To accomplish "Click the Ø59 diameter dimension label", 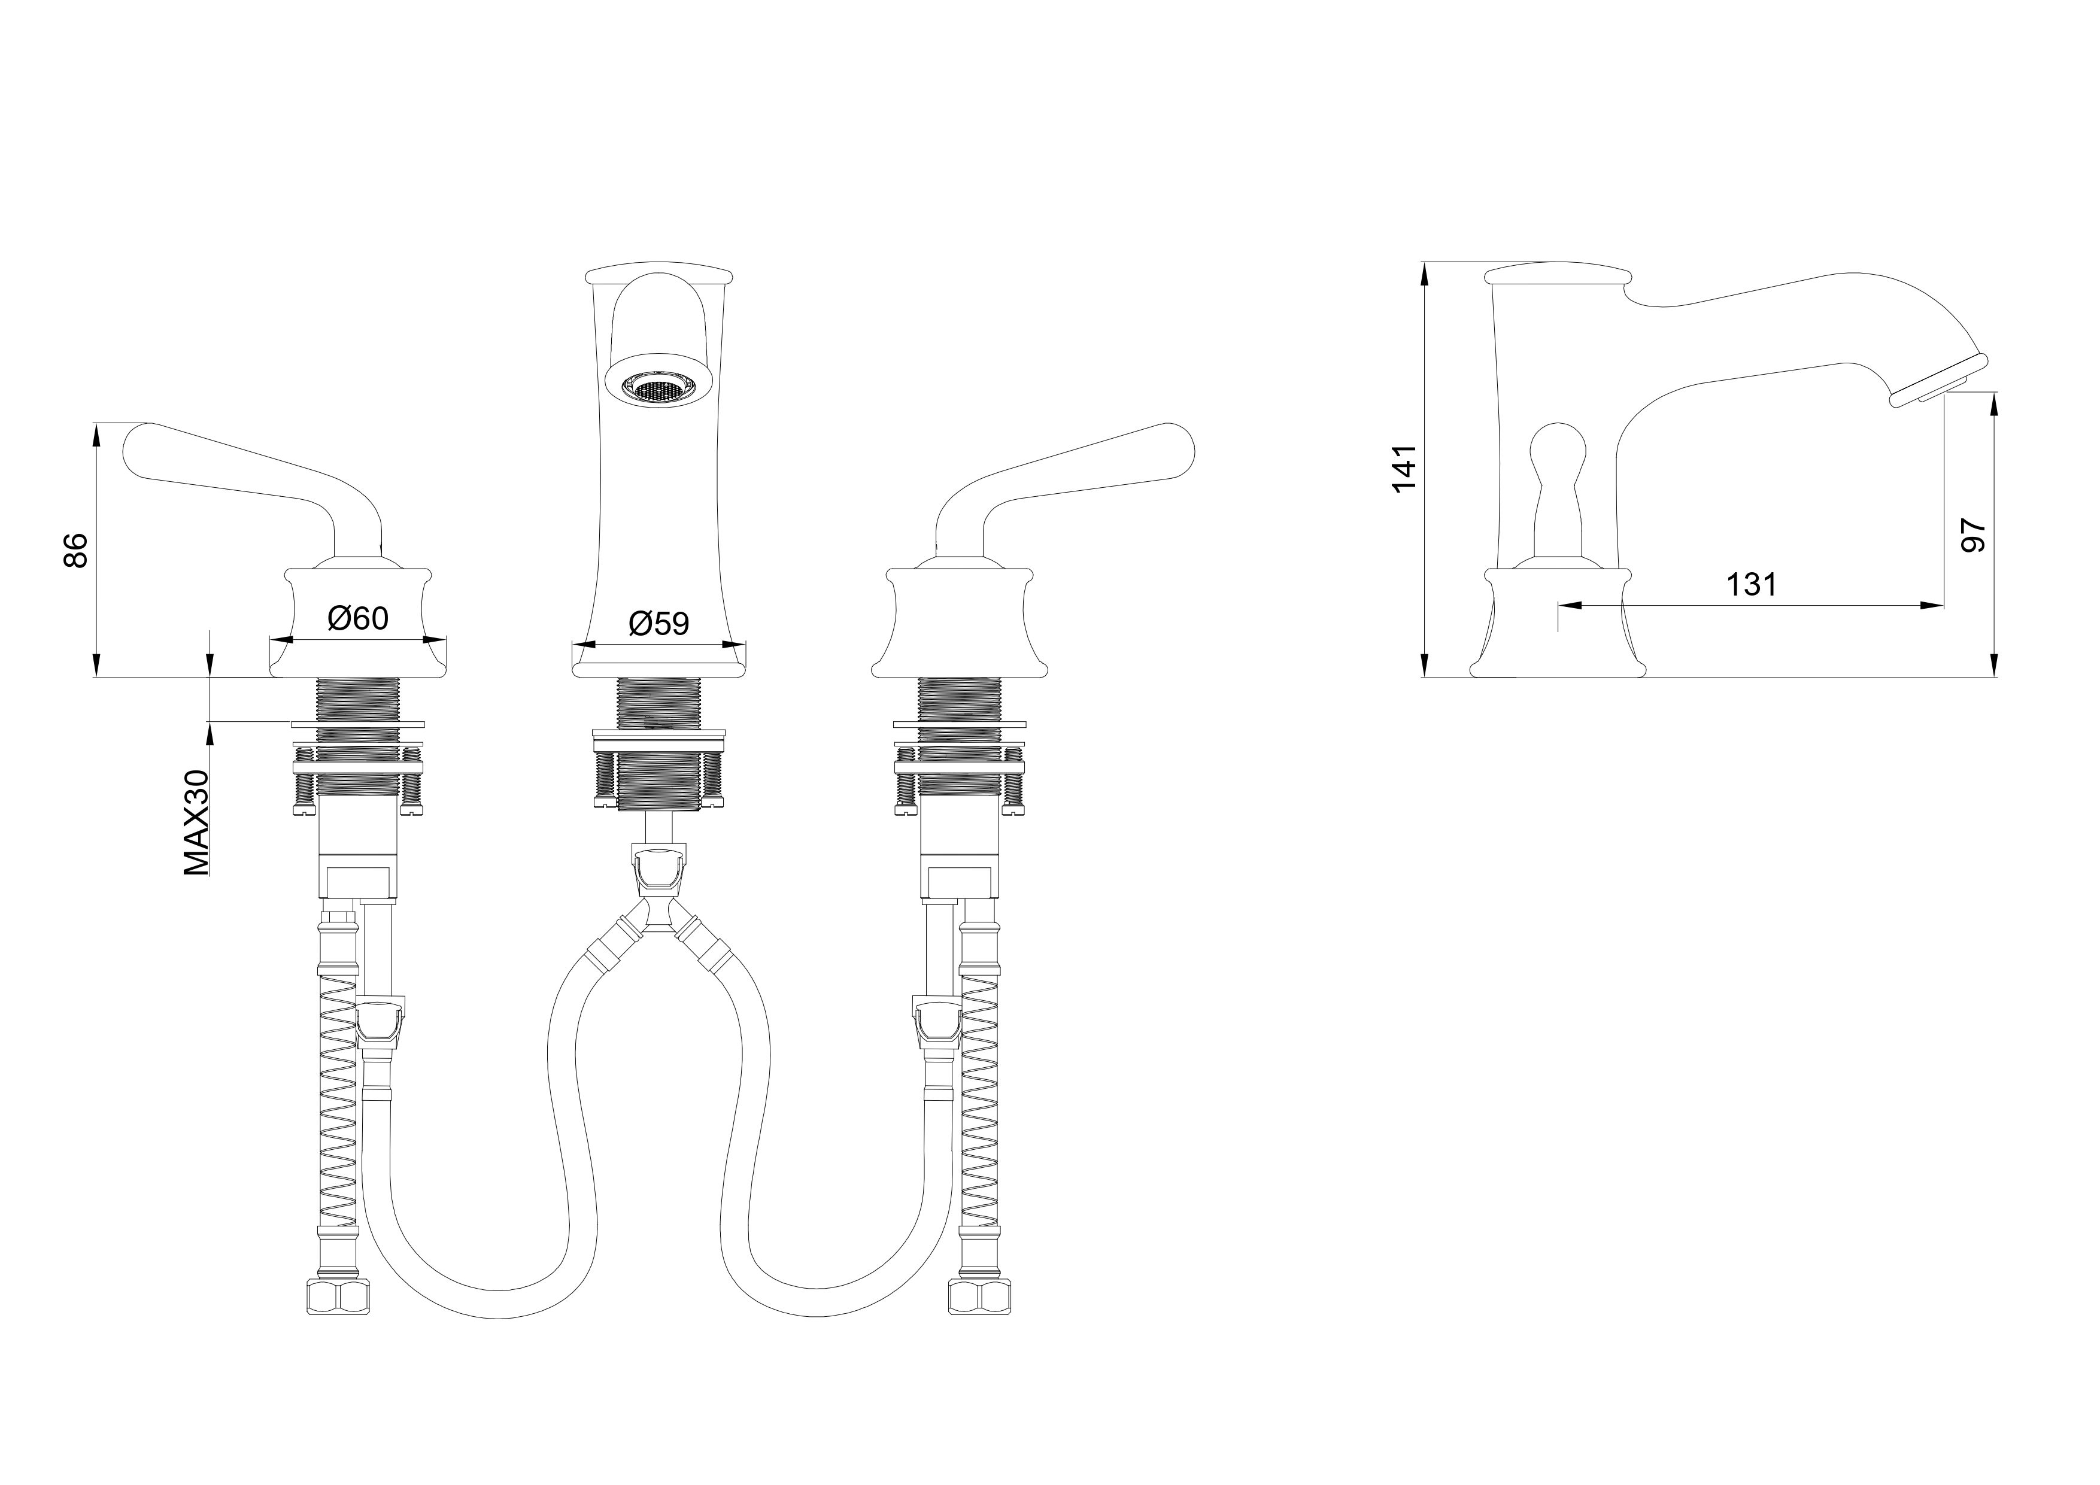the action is pyautogui.click(x=658, y=624).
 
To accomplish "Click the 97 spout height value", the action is pyautogui.click(x=1973, y=535).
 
